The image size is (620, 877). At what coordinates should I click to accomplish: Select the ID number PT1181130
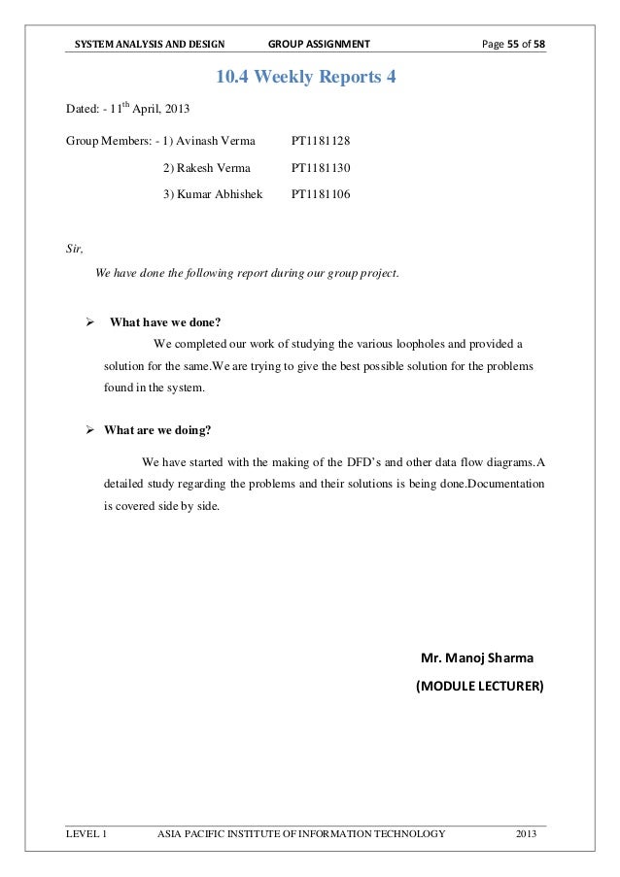(x=321, y=169)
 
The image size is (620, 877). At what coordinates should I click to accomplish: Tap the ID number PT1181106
(x=321, y=194)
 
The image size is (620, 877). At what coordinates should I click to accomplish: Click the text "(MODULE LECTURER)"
(x=480, y=687)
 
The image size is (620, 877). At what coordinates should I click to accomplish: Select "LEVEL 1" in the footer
(x=86, y=834)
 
